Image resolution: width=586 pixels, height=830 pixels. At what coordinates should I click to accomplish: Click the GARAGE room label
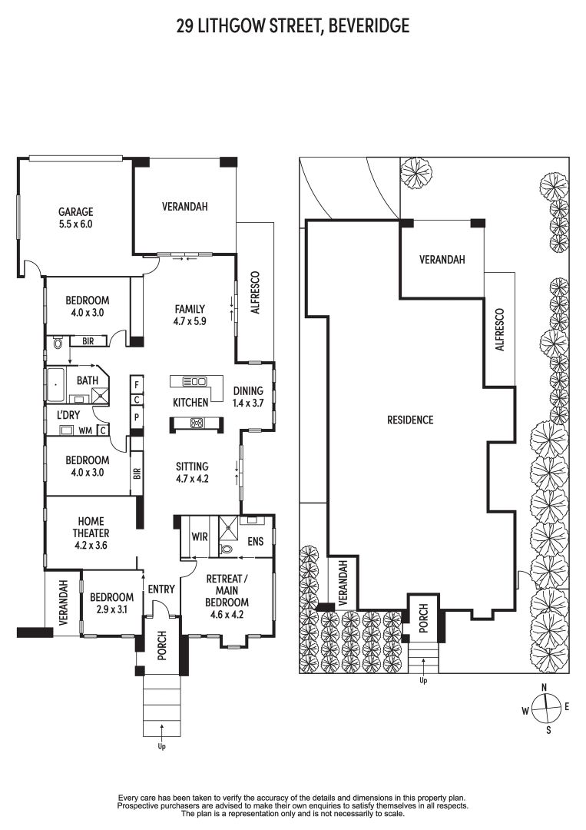pos(75,212)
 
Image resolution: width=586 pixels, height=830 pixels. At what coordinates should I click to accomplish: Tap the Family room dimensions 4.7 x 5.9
pos(190,320)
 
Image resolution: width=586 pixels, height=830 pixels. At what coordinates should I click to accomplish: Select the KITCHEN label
pos(190,402)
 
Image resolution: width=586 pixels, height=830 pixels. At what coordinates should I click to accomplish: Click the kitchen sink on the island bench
pos(194,380)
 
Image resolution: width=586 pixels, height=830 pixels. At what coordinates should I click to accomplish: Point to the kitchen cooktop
pos(197,423)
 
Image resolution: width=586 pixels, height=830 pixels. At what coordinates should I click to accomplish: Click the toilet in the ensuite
pos(226,549)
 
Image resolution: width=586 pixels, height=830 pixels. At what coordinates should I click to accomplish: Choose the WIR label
pos(200,536)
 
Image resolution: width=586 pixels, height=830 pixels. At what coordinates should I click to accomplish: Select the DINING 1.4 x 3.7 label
pos(248,397)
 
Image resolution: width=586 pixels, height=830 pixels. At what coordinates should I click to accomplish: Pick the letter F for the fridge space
pos(137,383)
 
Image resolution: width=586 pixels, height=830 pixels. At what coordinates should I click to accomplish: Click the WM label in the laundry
pos(85,431)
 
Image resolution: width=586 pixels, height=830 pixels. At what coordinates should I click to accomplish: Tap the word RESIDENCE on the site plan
pos(410,420)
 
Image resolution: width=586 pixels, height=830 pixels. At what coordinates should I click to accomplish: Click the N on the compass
pos(544,688)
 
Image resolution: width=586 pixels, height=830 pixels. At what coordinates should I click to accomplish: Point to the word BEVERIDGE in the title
pos(369,25)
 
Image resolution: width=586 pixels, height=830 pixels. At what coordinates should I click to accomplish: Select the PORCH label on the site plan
pos(423,618)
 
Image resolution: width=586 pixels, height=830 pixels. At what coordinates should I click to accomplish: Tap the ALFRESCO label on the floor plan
pos(256,293)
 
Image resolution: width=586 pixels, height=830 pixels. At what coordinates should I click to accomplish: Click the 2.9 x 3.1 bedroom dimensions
pos(111,609)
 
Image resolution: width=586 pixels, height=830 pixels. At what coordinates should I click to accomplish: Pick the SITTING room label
pos(192,466)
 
